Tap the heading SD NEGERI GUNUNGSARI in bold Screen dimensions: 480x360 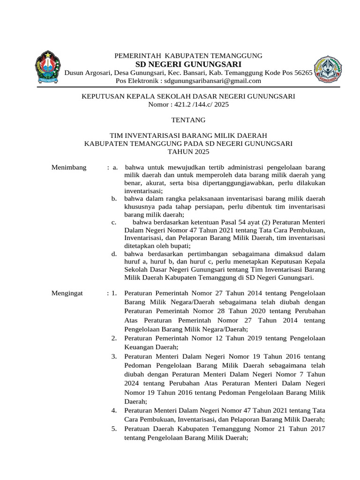point(188,64)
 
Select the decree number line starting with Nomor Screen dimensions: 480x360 point(188,105)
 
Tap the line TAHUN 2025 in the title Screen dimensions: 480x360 point(188,152)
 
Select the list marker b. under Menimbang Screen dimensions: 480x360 point(114,199)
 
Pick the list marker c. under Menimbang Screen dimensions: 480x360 point(114,222)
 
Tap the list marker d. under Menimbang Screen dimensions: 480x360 point(114,254)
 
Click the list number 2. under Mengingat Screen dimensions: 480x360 point(114,338)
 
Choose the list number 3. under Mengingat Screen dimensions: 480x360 point(114,357)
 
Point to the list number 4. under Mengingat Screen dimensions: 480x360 point(114,411)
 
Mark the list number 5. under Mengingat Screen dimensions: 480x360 point(114,429)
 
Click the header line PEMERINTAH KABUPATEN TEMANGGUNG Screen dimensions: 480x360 point(188,56)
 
